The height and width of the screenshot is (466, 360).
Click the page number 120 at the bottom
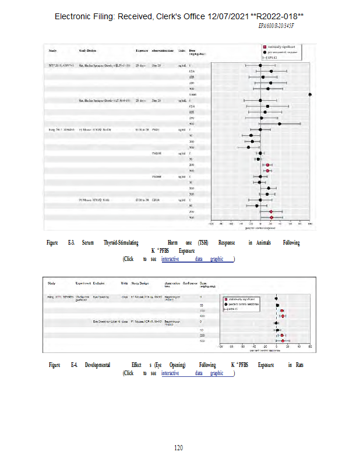tap(179, 447)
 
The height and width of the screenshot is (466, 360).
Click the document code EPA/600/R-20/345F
tap(276, 26)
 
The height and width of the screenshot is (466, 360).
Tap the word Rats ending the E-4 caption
tap(299, 365)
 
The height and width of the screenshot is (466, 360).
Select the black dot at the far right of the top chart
tap(310, 94)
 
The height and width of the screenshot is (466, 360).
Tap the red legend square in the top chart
tap(264, 47)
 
